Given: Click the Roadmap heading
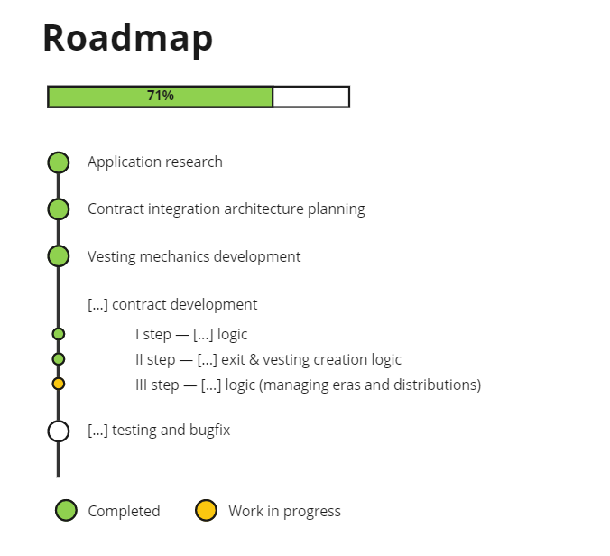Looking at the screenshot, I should [128, 39].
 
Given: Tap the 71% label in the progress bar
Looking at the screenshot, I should [161, 96].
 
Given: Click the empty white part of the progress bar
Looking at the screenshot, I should [310, 97].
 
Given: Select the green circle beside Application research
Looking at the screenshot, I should [59, 162].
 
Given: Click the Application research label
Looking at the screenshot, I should [154, 162].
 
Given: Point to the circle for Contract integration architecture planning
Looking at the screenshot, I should [59, 209].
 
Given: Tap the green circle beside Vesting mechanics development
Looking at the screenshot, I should [59, 256].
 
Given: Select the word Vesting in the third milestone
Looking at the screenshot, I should [110, 256].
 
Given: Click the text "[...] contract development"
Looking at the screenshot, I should [172, 305].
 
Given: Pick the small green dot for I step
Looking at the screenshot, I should [59, 334].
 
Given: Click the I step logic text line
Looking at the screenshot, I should [191, 335].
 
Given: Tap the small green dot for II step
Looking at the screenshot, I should [59, 359].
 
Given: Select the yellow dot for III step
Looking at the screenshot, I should [59, 384].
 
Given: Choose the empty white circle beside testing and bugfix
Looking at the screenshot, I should [59, 431].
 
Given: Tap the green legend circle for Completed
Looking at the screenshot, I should [66, 511].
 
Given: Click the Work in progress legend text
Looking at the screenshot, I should [284, 512].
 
